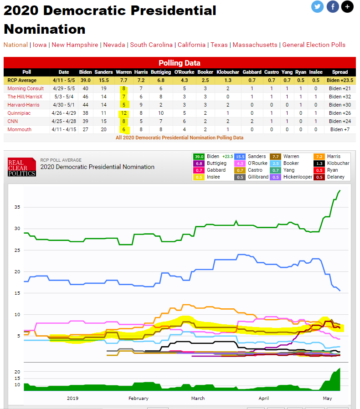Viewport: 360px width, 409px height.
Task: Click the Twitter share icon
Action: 317,7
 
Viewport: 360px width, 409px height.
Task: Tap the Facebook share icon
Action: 333,7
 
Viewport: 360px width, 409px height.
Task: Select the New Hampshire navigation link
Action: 75,45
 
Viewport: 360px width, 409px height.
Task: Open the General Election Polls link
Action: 314,45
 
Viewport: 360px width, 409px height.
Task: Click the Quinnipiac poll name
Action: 19,113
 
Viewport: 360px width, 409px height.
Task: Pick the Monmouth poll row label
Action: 19,129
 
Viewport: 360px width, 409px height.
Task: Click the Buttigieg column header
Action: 161,72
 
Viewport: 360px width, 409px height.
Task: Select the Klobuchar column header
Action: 228,72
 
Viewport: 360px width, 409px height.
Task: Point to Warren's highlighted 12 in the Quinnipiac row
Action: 124,113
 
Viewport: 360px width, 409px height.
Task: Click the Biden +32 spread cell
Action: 340,97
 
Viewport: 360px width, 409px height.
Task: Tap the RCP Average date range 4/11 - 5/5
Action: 64,80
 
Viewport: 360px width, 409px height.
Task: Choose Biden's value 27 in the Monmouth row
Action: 85,129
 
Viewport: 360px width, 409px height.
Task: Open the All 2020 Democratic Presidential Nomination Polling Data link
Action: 180,138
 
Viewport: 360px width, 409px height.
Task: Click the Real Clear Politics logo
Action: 22,167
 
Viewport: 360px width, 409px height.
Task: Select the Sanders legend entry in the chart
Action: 250,157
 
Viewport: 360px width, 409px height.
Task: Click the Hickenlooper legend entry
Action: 291,177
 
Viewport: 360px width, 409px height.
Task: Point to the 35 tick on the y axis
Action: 17,207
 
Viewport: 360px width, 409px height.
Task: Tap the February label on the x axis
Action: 139,399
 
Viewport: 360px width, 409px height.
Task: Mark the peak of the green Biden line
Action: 340,190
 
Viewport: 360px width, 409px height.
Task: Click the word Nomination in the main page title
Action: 45,29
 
